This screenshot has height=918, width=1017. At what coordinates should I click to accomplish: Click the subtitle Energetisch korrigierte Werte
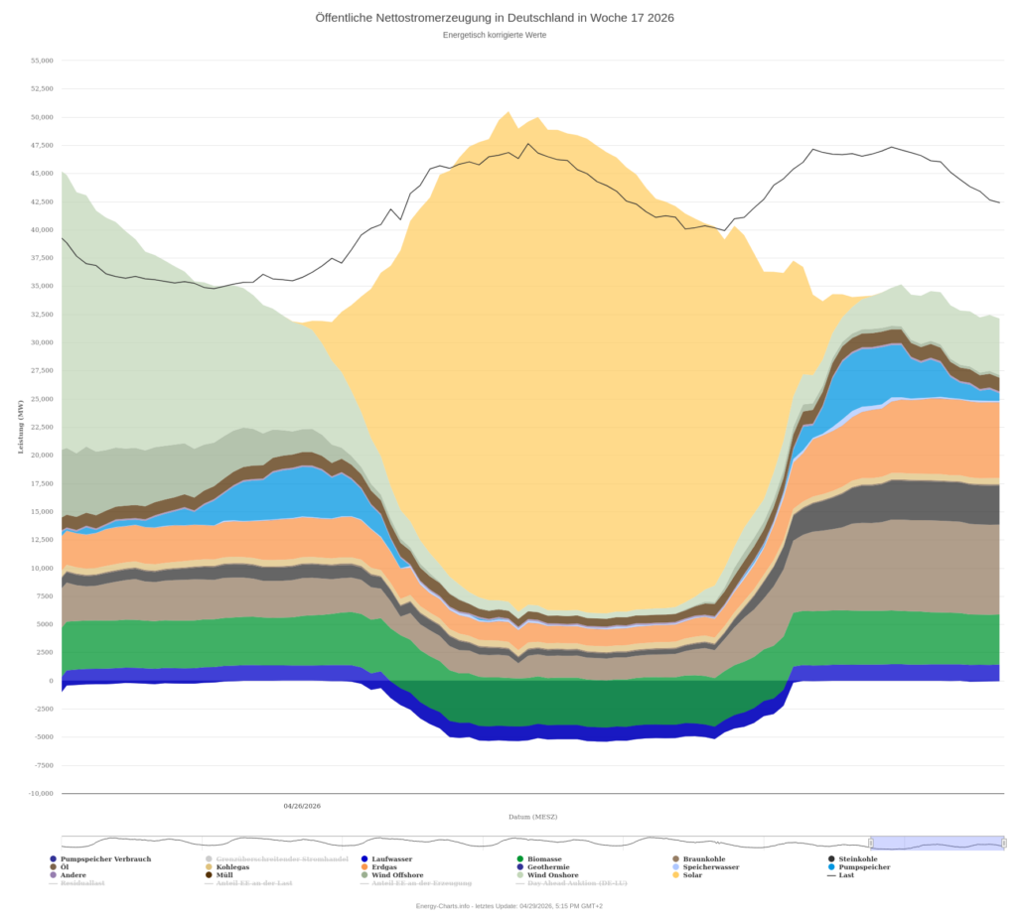coord(495,35)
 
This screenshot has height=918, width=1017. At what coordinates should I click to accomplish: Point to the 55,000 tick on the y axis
coord(42,61)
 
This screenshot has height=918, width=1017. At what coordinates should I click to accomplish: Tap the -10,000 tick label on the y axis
coord(41,793)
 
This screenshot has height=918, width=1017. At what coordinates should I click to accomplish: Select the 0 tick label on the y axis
coord(51,681)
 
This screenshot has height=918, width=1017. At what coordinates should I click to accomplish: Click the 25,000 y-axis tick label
coord(42,399)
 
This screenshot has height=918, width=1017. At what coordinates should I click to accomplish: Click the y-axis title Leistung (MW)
coord(20,427)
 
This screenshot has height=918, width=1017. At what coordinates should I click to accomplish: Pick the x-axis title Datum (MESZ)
coord(532,817)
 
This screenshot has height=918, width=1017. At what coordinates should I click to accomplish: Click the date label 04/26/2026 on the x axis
coord(302,806)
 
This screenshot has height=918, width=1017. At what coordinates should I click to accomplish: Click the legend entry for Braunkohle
coord(704,858)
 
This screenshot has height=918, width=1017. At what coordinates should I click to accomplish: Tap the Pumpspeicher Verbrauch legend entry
coord(105,858)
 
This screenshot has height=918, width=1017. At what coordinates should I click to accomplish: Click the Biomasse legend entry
coord(544,858)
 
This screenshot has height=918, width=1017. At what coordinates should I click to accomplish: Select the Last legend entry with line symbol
coord(846,874)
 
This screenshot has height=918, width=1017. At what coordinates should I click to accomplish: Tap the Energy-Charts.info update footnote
coord(509,905)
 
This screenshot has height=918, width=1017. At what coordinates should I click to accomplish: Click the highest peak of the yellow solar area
coord(508,112)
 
